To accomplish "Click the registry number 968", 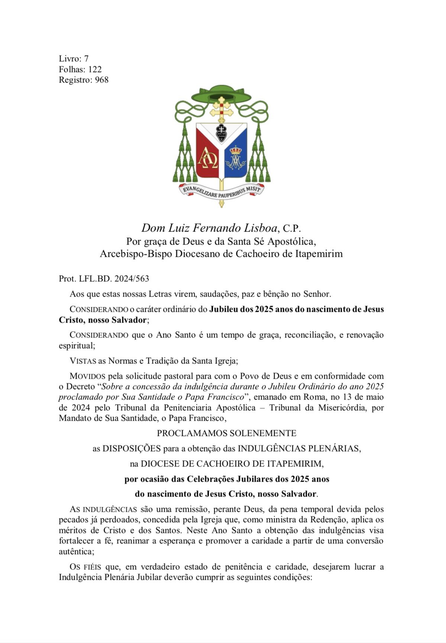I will coord(102,80).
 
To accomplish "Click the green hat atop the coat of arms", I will coord(221,95).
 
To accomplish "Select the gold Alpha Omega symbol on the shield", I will coord(207,158).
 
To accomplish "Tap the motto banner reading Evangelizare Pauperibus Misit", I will coord(222,191).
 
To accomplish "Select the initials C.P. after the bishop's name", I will coord(292,228).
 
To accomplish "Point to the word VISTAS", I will coord(83,361).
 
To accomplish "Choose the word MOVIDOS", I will coord(88,376).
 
